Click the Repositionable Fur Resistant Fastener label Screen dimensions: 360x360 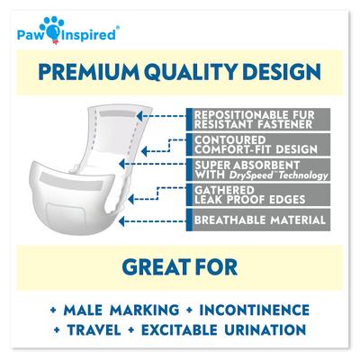click(x=247, y=120)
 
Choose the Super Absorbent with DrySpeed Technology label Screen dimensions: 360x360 click(x=247, y=171)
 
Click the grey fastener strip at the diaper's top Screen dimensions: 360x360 click(x=126, y=119)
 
